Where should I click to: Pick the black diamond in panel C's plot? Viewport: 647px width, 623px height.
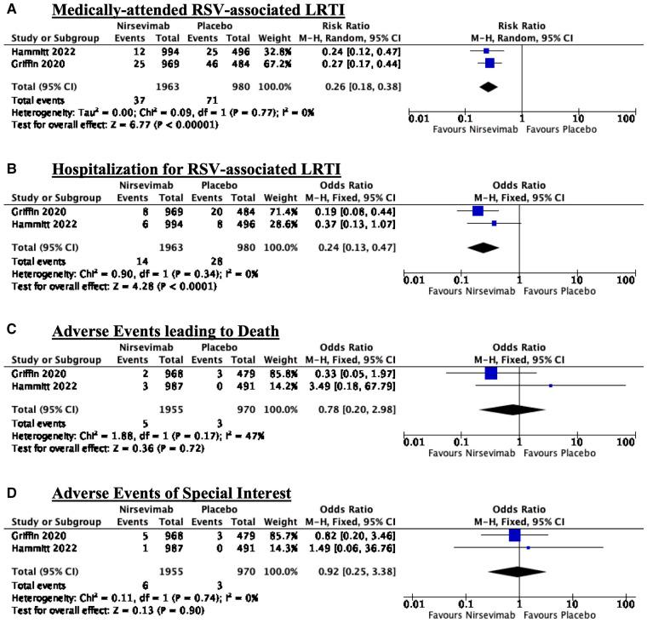512,409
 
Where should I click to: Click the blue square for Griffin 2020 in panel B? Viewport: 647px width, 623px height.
478,210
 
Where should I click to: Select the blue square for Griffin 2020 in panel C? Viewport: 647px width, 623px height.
490,372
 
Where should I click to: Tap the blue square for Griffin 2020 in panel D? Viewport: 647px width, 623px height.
513,534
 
